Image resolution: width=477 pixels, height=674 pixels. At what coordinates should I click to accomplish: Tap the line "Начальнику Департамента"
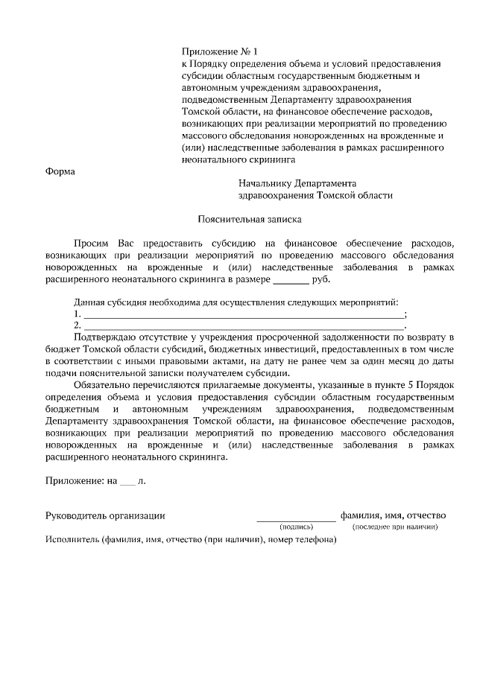tap(298, 183)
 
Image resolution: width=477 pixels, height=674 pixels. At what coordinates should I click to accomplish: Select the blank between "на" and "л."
tap(128, 481)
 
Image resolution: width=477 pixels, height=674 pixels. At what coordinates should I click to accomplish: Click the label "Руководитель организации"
tap(105, 515)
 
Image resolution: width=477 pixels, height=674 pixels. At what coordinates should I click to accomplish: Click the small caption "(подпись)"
tap(296, 527)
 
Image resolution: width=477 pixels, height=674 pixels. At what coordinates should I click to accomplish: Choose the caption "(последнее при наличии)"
tap(395, 527)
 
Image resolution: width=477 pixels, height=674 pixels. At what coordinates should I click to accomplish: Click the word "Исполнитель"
tap(68, 540)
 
